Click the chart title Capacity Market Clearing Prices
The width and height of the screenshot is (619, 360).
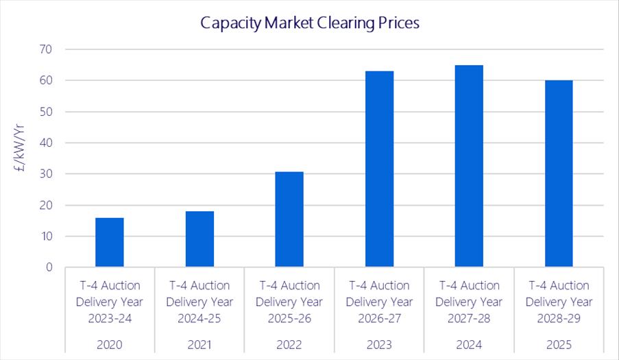[x=309, y=23]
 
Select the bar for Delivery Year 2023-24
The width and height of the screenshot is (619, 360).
[x=110, y=242]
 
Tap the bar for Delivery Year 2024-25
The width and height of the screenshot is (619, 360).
[x=199, y=239]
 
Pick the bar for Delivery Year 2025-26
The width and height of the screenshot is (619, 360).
[x=289, y=219]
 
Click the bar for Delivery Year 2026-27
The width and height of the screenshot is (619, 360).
[x=379, y=169]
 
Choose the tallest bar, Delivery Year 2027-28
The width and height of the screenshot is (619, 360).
[x=469, y=166]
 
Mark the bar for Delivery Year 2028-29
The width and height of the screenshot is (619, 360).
[x=559, y=173]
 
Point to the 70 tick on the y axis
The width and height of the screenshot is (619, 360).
[x=46, y=49]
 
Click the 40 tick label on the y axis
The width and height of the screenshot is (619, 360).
[x=46, y=143]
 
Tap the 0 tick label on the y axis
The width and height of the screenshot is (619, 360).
[x=49, y=267]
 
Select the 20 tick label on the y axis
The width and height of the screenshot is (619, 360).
[x=46, y=205]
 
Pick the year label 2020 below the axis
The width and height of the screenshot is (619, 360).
[x=110, y=344]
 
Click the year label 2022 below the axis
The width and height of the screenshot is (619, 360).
[x=289, y=344]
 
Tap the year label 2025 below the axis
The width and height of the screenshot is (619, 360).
[x=559, y=344]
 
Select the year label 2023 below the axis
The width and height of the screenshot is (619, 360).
[x=379, y=344]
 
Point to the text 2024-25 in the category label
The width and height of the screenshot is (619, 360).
[x=199, y=318]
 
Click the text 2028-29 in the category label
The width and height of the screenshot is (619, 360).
[x=559, y=318]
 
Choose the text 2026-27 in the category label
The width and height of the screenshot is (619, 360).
[x=379, y=318]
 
